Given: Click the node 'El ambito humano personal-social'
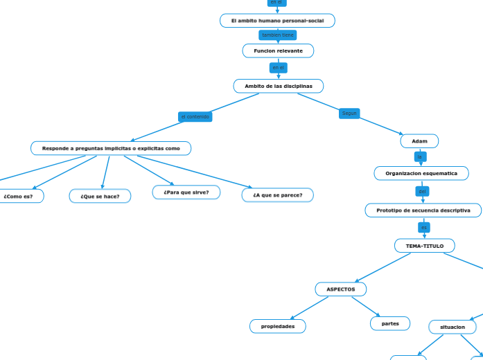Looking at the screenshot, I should [x=277, y=21].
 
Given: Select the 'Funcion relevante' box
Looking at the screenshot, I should [x=278, y=51].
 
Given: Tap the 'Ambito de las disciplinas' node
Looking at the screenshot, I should [x=279, y=86].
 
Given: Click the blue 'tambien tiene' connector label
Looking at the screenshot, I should [x=277, y=35].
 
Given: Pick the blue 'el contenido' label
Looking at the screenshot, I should [x=195, y=116].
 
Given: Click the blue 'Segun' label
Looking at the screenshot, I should [x=349, y=113].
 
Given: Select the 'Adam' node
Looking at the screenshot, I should [x=419, y=141].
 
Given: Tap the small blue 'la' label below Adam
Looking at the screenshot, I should [x=419, y=156].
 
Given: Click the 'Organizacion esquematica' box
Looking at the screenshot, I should [x=421, y=173].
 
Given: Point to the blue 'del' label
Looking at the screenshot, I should [x=423, y=191].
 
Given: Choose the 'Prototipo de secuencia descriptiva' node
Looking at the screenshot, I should [x=423, y=210].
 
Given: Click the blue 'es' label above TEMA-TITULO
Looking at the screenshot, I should [x=424, y=227].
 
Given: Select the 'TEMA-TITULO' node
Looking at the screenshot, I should [x=425, y=246].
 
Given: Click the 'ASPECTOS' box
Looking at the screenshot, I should [x=341, y=289].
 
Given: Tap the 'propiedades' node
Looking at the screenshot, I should [x=278, y=326].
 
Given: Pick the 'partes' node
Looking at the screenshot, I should [x=390, y=323].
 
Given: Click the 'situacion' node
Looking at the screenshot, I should [x=453, y=326].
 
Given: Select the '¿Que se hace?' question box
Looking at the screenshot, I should [x=100, y=196].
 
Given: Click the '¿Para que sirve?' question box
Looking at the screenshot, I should [x=186, y=192].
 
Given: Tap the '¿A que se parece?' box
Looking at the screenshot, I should [x=277, y=195].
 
